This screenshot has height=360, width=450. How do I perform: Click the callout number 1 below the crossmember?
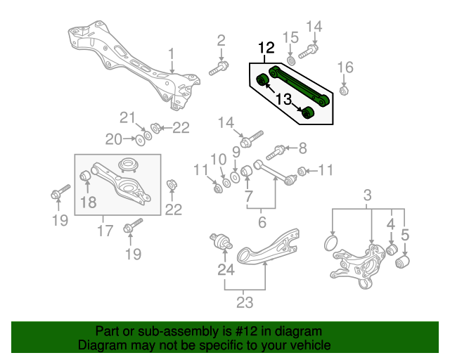pos(170,54)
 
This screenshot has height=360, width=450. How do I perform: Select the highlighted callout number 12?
pos(265,49)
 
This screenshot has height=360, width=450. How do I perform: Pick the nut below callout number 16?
pos(344,91)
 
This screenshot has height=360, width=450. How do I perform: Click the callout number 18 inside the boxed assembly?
pos(87,202)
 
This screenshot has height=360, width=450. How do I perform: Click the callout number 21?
pos(126,117)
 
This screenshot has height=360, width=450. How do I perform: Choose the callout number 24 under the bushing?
pos(225,269)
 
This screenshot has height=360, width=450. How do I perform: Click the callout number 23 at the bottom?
pos(244,304)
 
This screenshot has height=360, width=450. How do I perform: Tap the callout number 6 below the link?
pos(262,222)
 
